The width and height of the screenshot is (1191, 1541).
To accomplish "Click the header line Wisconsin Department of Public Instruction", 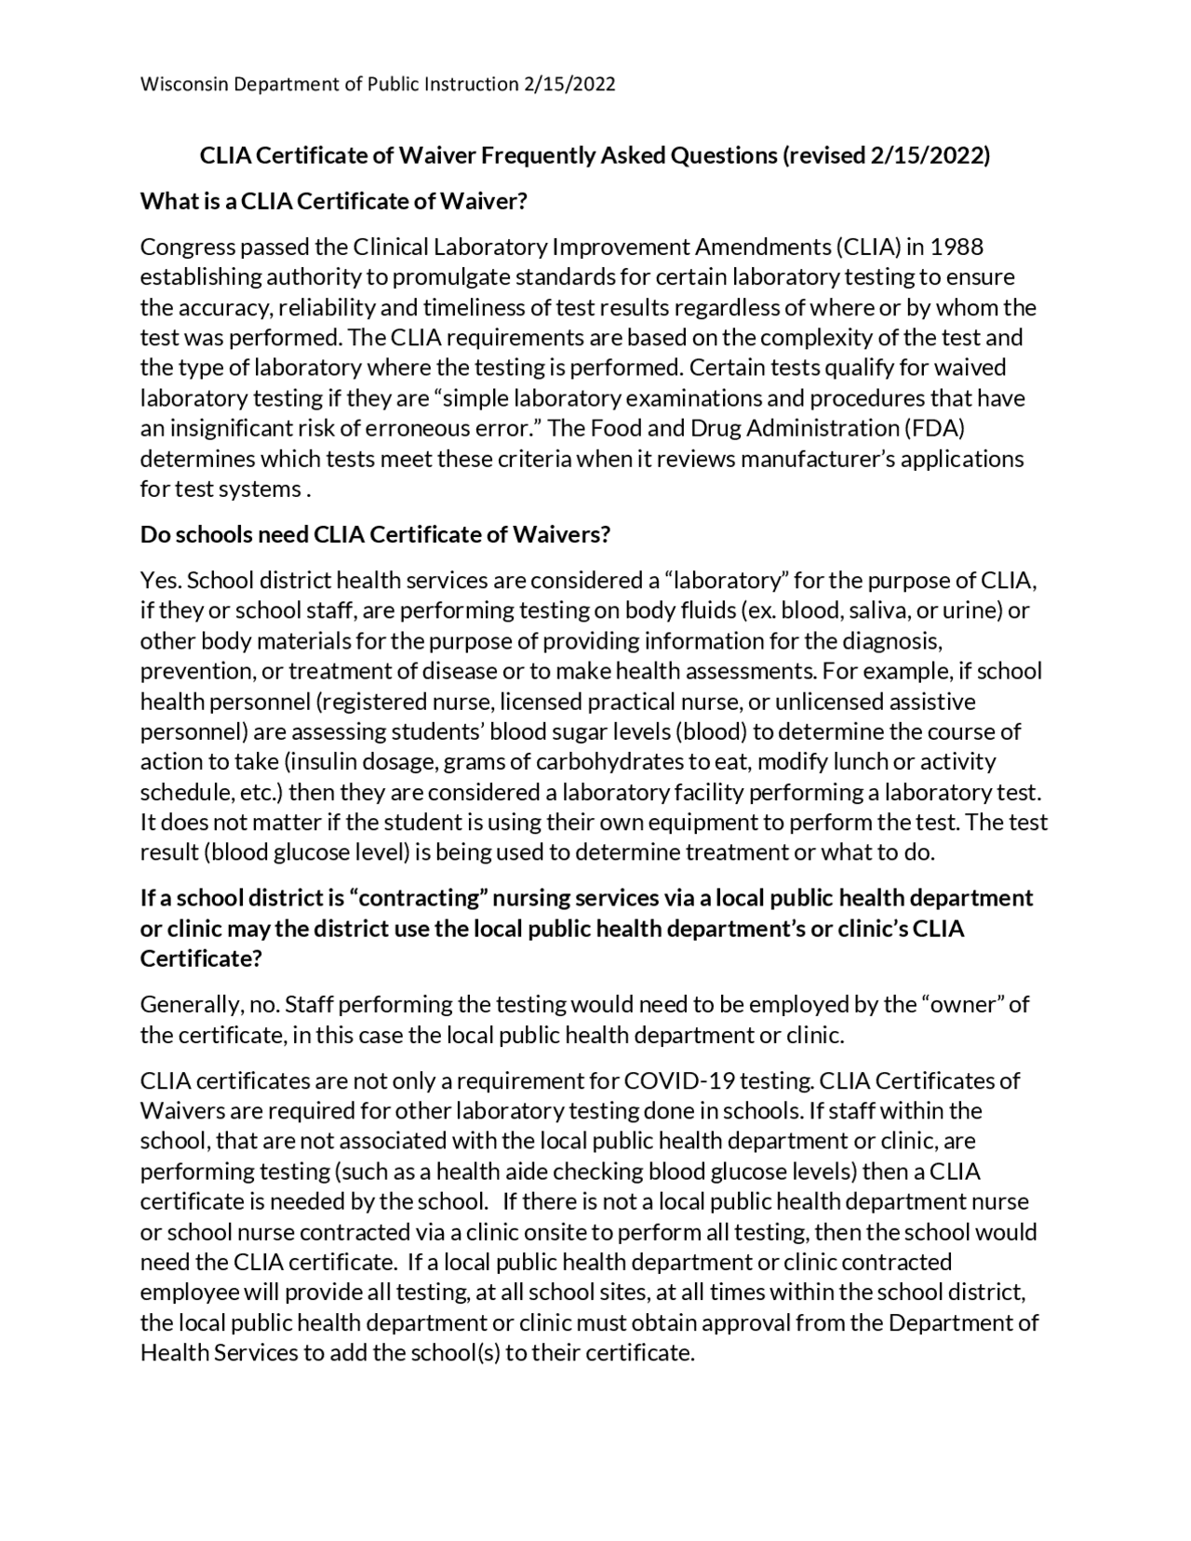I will coord(377,85).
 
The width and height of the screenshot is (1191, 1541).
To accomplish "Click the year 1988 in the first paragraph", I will coord(957,248).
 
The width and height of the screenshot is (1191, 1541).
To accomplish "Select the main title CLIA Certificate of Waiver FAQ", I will coord(595,155).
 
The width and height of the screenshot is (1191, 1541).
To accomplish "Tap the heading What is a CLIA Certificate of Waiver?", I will coord(333,202).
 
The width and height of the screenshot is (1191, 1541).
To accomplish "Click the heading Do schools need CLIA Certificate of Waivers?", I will coord(374,535).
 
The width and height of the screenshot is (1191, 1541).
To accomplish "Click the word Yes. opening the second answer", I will coord(161,582).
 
